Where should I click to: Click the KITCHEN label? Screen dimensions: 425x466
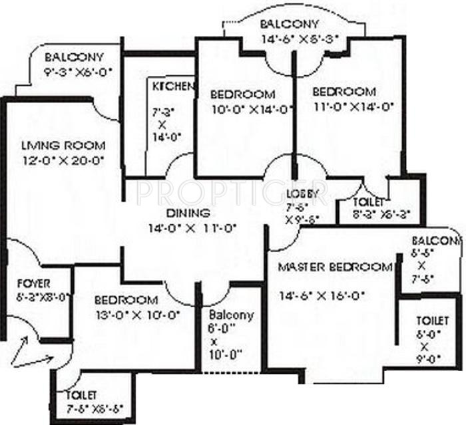point(173,87)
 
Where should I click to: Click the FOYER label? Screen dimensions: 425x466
point(34,283)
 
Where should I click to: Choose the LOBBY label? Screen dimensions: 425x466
point(304,194)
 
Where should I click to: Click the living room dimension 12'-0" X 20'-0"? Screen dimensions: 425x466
point(63,160)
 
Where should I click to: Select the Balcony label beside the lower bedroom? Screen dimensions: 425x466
point(230,315)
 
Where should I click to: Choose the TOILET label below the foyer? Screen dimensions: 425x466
point(81,396)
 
